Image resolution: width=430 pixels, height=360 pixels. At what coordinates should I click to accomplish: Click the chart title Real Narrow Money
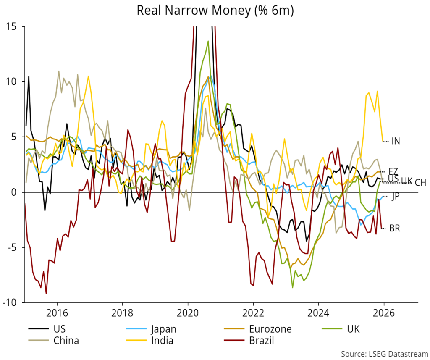point(215,11)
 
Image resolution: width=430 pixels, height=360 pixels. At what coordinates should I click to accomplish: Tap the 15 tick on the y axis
point(14,26)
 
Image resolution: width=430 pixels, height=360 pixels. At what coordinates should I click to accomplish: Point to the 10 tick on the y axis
point(14,81)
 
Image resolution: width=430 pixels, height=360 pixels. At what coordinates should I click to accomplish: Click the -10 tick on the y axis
point(13,302)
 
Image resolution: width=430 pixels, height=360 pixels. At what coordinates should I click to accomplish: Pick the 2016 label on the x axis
point(57,313)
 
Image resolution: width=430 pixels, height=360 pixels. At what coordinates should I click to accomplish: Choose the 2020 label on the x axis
point(188,313)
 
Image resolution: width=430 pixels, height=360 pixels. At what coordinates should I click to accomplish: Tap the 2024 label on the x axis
point(318,313)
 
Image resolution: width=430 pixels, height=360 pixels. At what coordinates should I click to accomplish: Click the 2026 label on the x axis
point(384,313)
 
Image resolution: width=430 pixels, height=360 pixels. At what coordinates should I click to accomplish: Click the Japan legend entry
point(164,329)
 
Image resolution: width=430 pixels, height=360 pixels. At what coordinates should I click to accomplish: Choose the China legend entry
point(66,340)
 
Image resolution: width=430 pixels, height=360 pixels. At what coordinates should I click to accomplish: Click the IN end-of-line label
point(396,141)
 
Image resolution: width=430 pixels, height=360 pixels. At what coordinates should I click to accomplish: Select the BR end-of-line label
point(394,229)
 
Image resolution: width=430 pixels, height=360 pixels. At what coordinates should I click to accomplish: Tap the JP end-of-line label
point(395,197)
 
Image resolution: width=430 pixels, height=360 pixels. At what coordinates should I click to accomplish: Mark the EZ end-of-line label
point(393,171)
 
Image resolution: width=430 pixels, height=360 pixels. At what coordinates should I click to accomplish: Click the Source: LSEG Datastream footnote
point(384,353)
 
